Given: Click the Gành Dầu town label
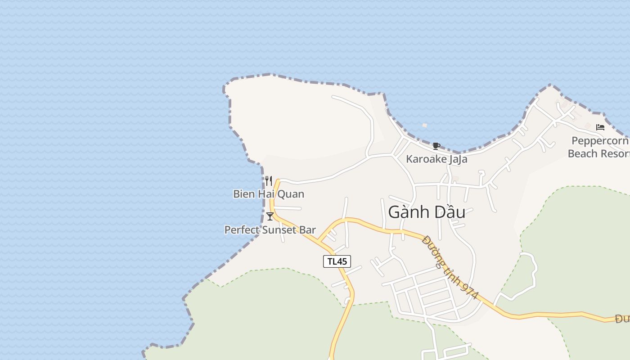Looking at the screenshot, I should coord(426,212).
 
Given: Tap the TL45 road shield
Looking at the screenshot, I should coord(337,261).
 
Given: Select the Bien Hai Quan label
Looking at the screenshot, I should coord(269,194).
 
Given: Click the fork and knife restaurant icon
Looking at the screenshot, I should coord(269,181).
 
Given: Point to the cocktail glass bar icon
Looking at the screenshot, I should coord(270,216).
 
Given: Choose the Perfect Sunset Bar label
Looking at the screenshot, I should coord(270,230).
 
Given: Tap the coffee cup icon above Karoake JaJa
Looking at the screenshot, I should coord(436,146).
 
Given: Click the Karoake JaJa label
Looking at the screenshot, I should coord(436,159).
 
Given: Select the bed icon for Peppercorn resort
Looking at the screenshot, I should coord(600,127).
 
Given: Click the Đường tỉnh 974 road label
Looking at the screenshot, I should coord(450,267).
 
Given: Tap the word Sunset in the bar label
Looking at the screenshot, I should coord(279,230).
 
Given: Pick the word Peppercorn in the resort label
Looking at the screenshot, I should coord(600,140).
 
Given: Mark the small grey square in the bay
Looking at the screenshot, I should coord(424,126).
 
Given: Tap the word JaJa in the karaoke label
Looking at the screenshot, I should coord(457,159).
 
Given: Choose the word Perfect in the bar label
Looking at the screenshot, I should coord(242,230).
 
